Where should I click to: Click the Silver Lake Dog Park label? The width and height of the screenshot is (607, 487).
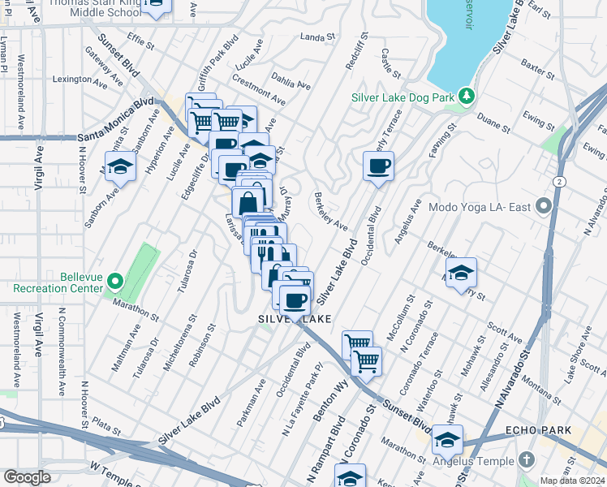tap(402, 97)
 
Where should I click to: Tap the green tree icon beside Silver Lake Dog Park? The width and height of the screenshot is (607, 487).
tap(467, 97)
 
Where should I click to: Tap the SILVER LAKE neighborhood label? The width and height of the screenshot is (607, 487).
tap(295, 320)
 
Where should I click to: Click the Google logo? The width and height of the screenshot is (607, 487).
tap(27, 477)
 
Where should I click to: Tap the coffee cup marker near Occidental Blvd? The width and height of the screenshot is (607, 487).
tap(378, 167)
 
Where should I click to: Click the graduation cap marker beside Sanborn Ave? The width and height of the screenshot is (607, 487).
tap(120, 167)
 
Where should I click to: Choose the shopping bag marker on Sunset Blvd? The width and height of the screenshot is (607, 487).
tap(248, 201)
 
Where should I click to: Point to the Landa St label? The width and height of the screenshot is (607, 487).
tap(317, 37)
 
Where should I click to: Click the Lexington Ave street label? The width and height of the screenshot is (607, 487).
tap(80, 80)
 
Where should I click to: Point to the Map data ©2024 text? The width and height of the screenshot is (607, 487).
tap(572, 481)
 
